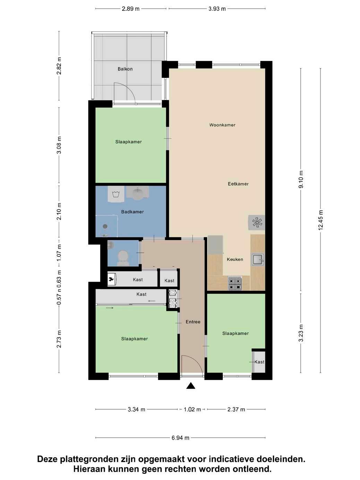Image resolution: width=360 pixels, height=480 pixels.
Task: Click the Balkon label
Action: pos(125,69)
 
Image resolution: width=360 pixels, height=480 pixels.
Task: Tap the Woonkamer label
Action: pos(222,125)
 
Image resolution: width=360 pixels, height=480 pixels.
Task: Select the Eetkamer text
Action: pos(238,184)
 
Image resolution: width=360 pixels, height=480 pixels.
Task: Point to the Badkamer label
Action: pos(132,212)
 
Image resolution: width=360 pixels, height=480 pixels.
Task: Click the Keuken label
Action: pos(235,259)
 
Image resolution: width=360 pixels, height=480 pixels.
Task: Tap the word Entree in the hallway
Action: pos(193,322)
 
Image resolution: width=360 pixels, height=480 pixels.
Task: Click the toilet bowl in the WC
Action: pos(123,258)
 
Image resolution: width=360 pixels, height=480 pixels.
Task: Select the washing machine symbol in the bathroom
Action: pos(116,194)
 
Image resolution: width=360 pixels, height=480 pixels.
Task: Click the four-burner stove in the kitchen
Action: pos(235,283)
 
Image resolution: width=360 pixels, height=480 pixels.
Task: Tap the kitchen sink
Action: pos(258,259)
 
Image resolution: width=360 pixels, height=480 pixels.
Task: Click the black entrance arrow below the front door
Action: pos(191,386)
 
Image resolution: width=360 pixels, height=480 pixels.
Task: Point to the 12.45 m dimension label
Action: pos(321,220)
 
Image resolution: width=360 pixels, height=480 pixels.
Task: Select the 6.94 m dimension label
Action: pos(181,438)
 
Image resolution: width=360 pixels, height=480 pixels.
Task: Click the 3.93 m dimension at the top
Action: pos(217,9)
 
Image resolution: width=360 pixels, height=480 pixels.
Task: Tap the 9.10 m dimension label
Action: pos(301,179)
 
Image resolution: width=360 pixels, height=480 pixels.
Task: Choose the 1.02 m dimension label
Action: pos(192,409)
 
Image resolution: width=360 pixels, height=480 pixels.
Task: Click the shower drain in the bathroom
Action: pos(105,226)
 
